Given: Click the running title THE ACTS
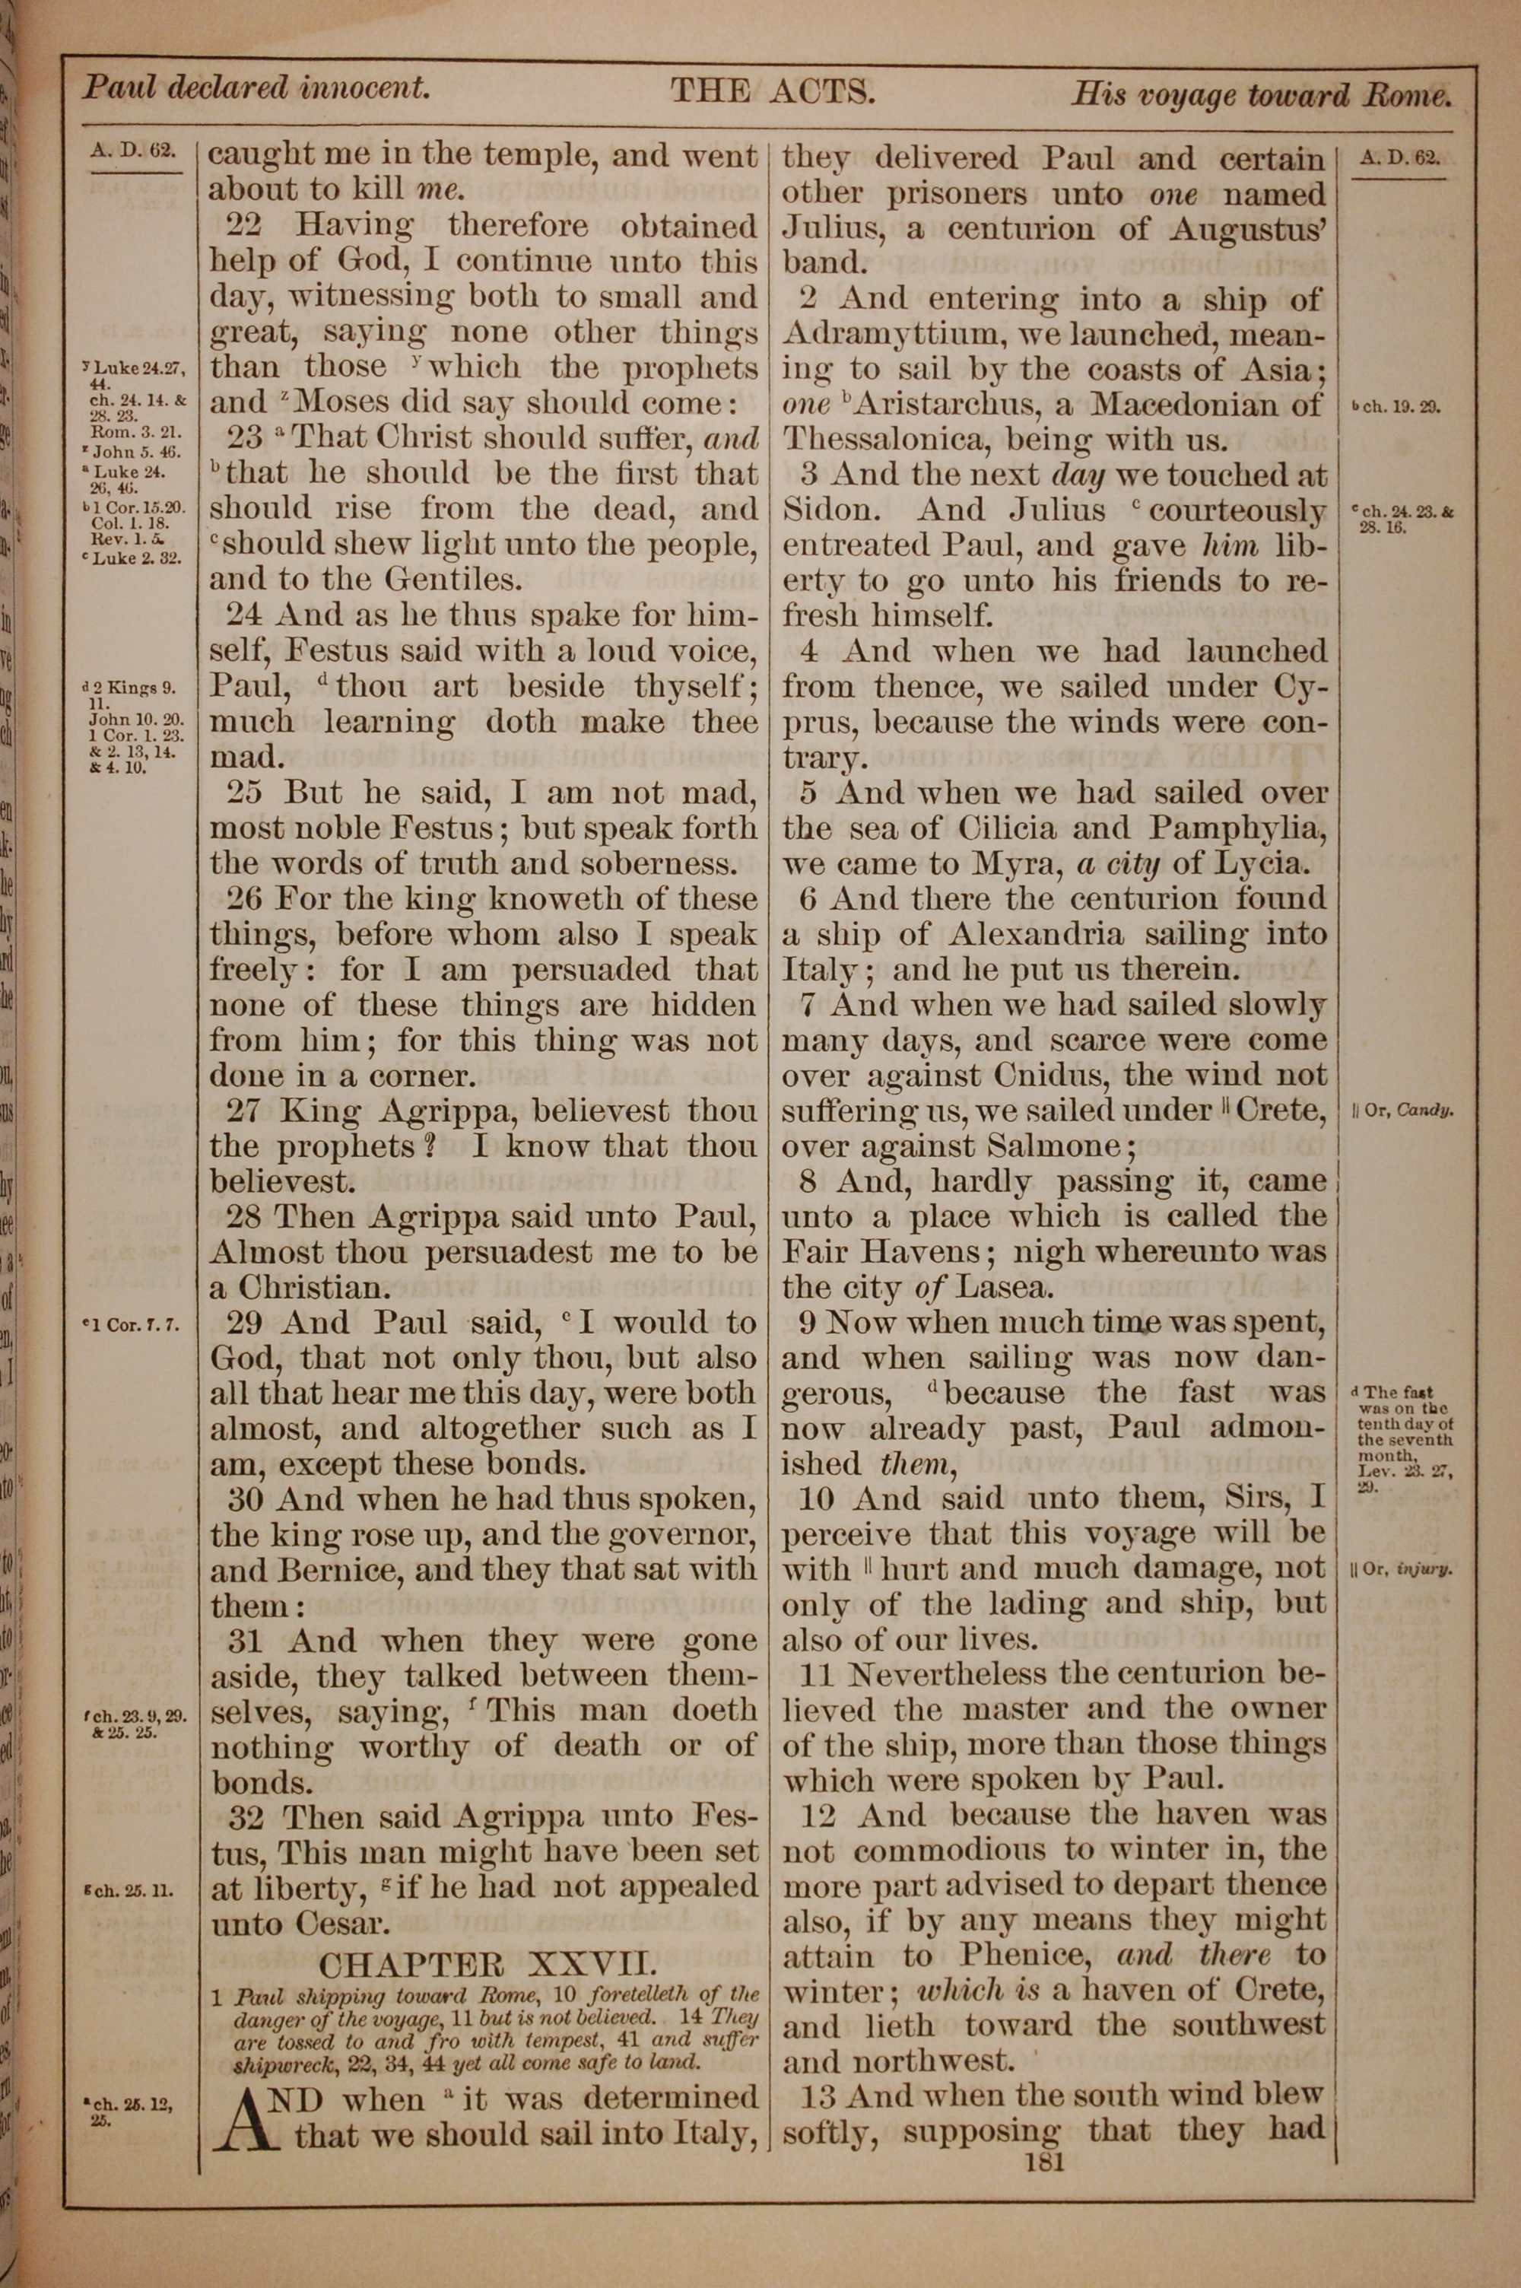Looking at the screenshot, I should [x=773, y=92].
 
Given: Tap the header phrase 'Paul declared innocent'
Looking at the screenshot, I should [x=255, y=88].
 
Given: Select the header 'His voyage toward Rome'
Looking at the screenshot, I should [x=1261, y=94].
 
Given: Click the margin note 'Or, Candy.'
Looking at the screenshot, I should [x=1402, y=1111].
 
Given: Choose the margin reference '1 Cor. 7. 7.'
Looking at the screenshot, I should [x=132, y=1324].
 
